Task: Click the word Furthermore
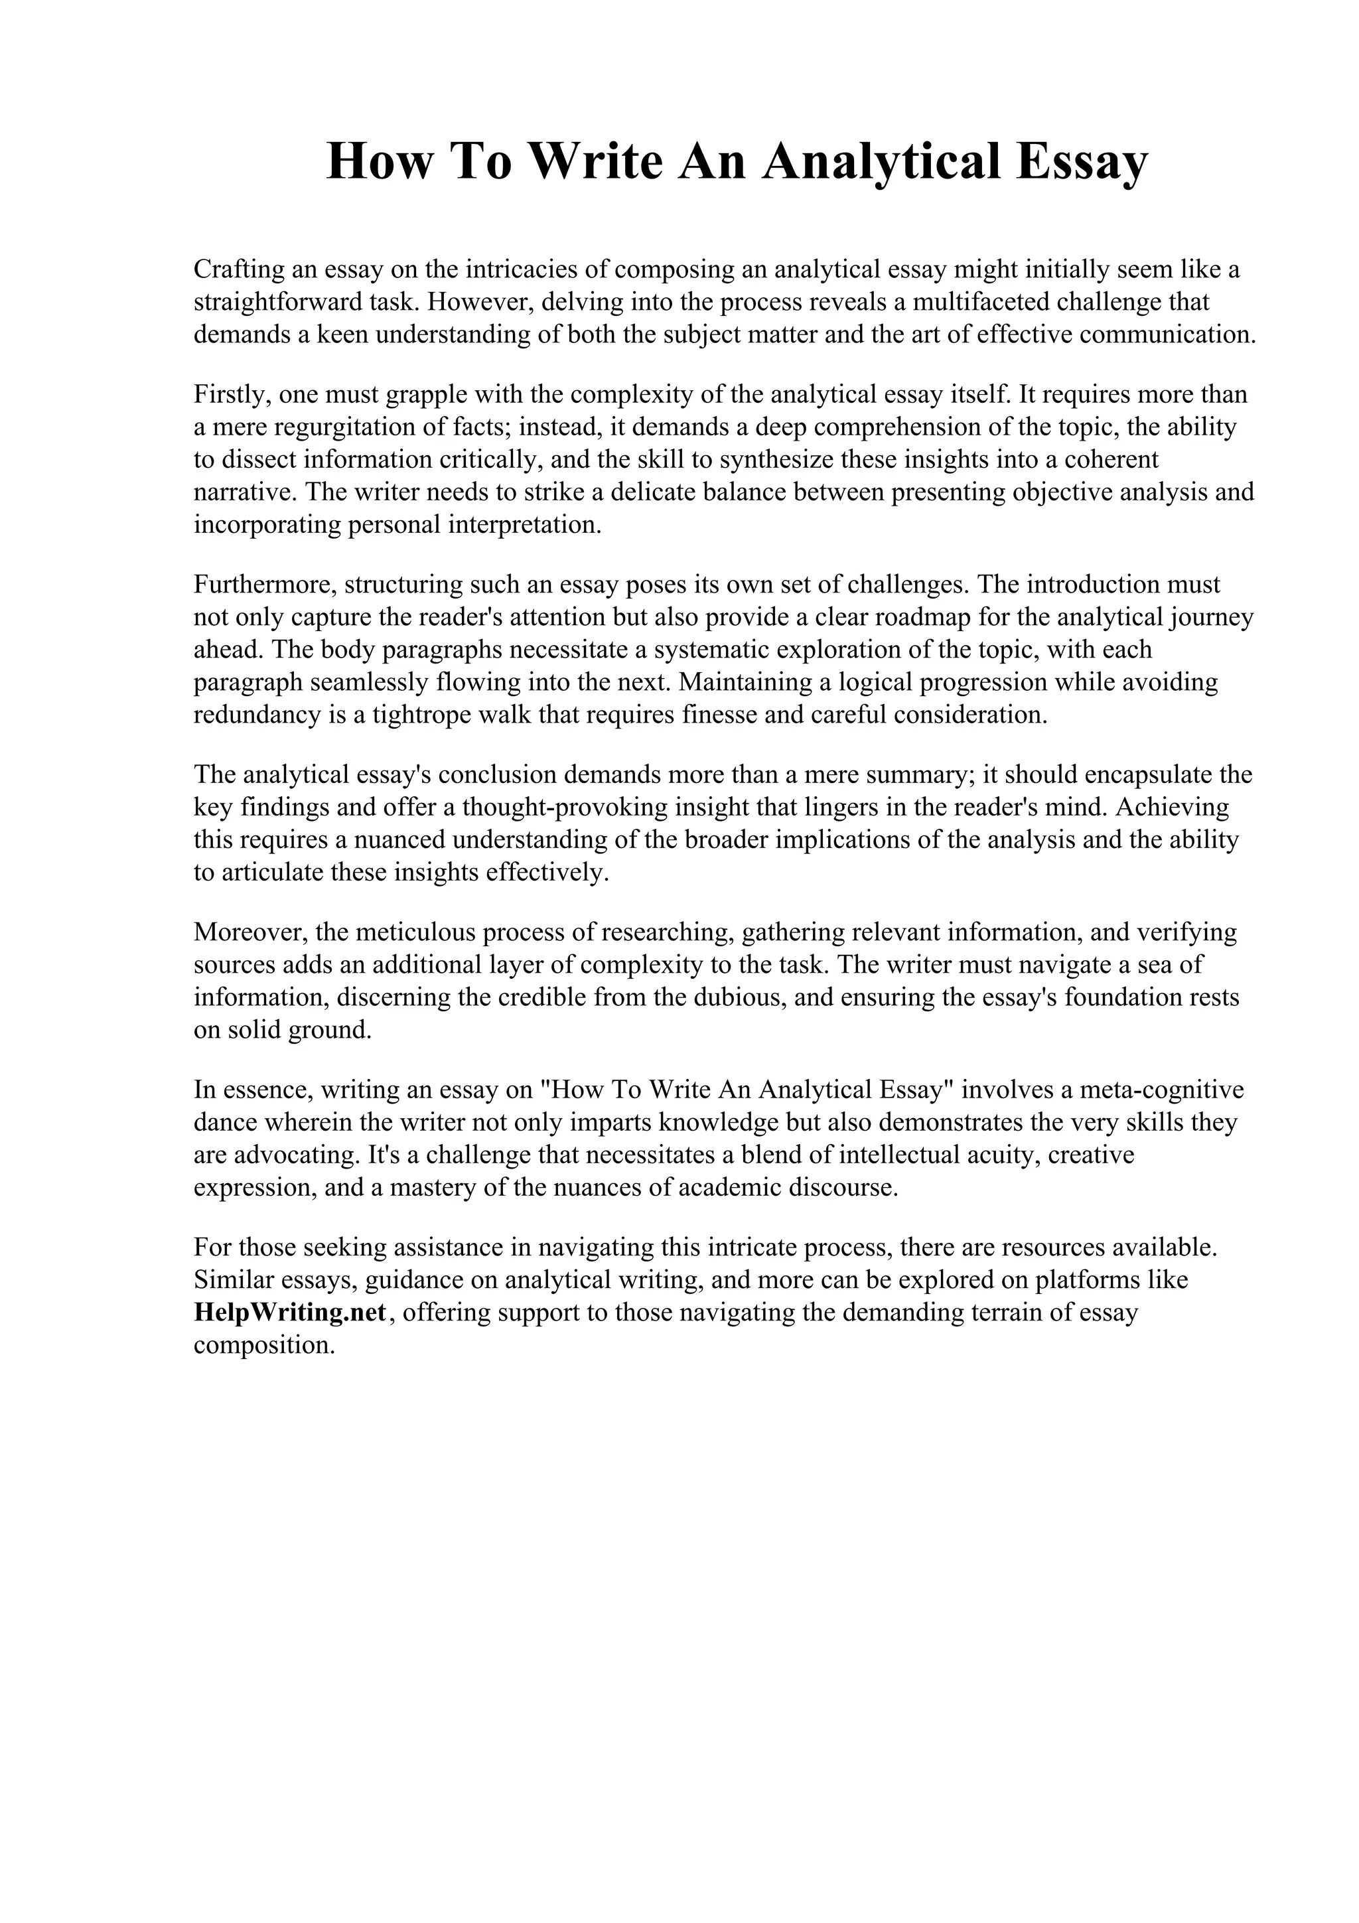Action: click(x=265, y=584)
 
